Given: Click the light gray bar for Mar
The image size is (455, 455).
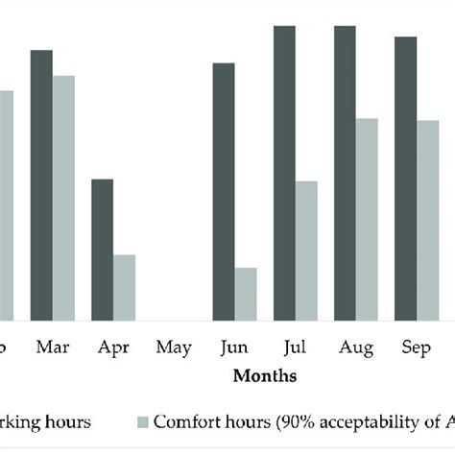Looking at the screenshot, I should point(63,198).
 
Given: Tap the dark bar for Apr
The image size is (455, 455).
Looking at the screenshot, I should point(102,250).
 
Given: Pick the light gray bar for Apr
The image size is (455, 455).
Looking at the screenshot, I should point(124,287).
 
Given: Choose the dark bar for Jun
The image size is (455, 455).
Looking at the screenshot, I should point(224,191).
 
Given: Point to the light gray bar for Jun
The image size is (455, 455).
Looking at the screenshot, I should point(246,294).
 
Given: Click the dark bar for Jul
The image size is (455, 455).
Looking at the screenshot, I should point(284,173).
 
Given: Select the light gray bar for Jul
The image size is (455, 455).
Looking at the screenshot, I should point(306,251).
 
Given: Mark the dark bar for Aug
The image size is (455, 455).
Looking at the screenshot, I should point(345,173).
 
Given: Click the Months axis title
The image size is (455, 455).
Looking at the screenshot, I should point(265,376).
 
